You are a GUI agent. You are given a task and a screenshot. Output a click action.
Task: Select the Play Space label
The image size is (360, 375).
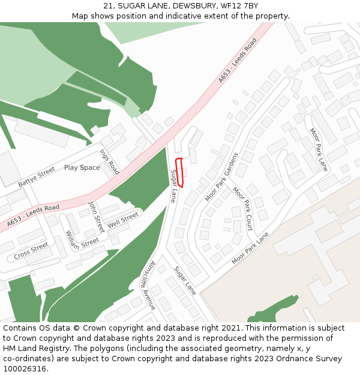(x=82, y=167)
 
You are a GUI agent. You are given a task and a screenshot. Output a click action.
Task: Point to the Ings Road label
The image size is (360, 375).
(x=110, y=162)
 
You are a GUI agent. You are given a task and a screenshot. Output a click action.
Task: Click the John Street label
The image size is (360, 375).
(x=96, y=217)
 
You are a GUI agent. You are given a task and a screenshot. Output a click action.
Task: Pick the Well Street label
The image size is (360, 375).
(x=123, y=221)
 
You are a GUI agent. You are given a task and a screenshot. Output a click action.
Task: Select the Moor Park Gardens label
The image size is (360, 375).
(x=222, y=176)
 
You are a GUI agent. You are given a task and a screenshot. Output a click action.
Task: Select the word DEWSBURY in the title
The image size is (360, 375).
(x=189, y=6)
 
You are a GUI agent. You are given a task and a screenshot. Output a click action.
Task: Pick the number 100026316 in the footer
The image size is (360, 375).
(x=25, y=369)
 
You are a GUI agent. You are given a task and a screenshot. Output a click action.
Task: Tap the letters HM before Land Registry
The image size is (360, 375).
(x=10, y=349)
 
